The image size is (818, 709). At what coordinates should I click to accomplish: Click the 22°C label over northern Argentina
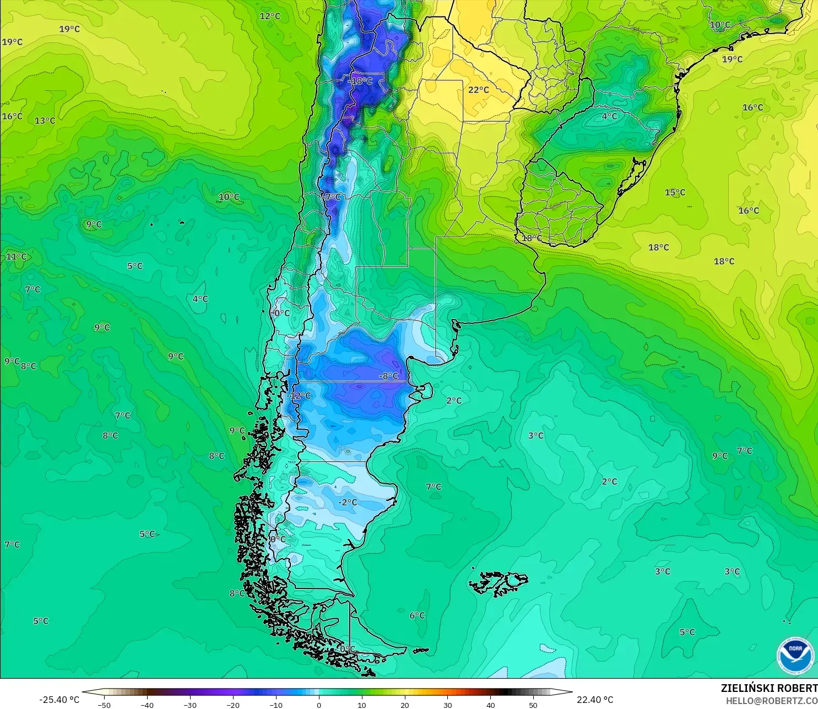click(478, 90)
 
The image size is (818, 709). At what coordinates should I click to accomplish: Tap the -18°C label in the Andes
click(361, 81)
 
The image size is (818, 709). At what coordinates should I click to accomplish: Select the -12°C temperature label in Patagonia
click(299, 396)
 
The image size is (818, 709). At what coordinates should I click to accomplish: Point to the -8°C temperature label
click(388, 376)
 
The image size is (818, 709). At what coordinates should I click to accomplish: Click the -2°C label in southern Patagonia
click(348, 502)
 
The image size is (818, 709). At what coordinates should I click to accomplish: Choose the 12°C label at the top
click(270, 16)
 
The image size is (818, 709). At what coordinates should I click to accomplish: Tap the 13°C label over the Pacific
click(45, 121)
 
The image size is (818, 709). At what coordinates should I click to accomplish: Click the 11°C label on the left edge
click(16, 257)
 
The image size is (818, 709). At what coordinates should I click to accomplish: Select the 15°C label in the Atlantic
click(675, 192)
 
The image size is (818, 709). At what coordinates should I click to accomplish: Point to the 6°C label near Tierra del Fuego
click(417, 615)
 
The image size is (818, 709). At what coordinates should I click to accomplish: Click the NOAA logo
click(795, 655)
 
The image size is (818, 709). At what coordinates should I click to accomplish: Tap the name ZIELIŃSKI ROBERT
click(769, 688)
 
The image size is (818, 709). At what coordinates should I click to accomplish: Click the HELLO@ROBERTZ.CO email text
click(771, 701)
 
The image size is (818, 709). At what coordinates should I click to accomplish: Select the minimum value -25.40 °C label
click(59, 700)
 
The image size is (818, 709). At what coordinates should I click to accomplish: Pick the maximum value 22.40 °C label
click(595, 700)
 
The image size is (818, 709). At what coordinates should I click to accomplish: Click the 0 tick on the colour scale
click(319, 705)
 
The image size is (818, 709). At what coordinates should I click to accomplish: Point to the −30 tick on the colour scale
click(189, 705)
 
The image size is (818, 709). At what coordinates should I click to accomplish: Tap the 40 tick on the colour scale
click(490, 705)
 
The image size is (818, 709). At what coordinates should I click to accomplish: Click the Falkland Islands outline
click(499, 583)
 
